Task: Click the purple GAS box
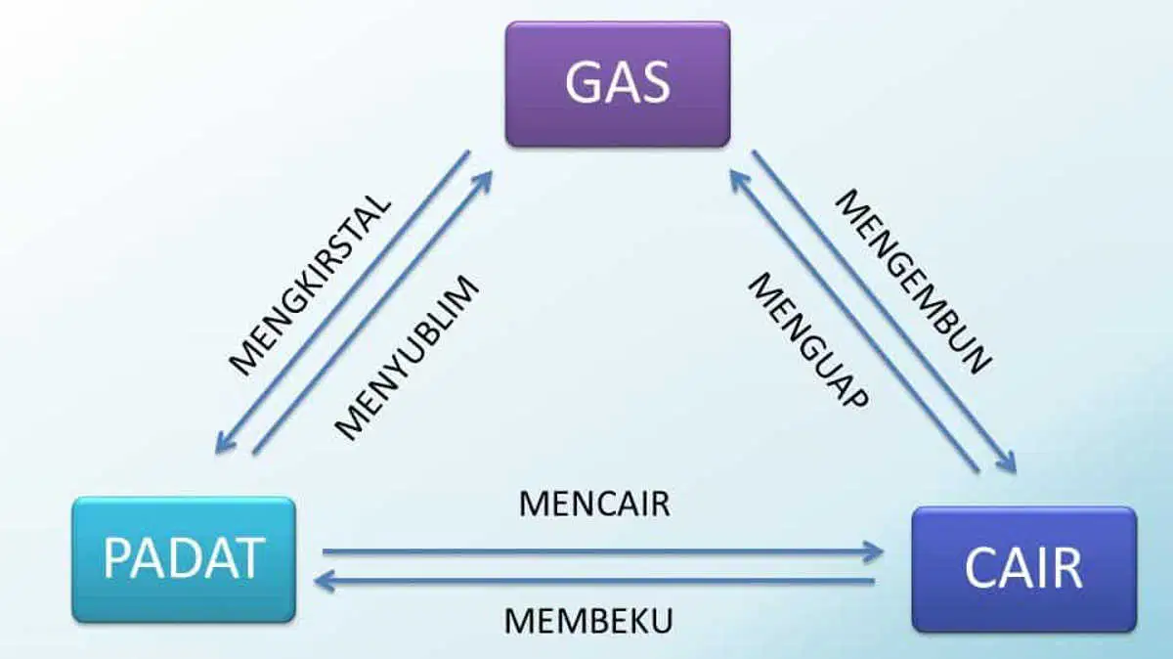click(618, 84)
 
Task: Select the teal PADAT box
click(184, 559)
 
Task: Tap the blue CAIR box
click(1024, 569)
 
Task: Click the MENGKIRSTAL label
click(310, 285)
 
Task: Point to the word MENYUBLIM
click(407, 358)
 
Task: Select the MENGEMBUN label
click(914, 282)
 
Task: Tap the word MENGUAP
click(809, 341)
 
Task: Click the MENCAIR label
click(594, 504)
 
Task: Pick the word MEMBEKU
click(588, 621)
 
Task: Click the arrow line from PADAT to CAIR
click(603, 551)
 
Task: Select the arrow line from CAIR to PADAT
click(594, 581)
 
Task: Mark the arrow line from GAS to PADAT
click(342, 302)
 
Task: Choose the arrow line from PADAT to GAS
click(372, 312)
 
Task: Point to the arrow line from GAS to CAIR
click(884, 312)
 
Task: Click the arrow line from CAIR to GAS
click(854, 323)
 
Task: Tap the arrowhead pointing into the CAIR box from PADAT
click(875, 551)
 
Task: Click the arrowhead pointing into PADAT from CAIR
click(325, 581)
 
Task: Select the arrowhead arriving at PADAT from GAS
click(224, 444)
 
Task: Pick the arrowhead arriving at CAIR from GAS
click(1008, 463)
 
